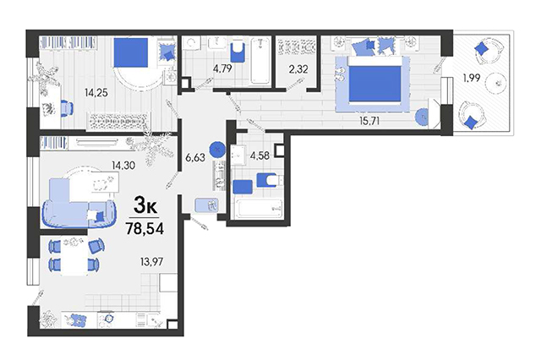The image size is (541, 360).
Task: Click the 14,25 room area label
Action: click(96, 92)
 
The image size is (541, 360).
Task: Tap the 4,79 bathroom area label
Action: click(222, 68)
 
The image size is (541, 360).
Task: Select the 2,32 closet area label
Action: click(298, 69)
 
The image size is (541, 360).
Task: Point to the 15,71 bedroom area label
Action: click(369, 121)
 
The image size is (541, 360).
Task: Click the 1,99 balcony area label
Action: click(472, 78)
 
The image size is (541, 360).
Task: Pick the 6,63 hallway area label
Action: click(195, 157)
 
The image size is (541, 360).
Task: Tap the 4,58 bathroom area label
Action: click(260, 155)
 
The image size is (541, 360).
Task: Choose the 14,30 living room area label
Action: click(123, 166)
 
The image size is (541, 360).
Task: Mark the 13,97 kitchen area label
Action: click(152, 262)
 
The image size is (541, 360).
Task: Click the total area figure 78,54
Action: click(145, 228)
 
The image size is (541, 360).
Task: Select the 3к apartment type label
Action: click(145, 206)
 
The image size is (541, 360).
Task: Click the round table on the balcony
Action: click(496, 83)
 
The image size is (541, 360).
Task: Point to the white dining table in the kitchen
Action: click(74, 257)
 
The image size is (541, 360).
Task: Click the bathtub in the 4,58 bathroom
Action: click(259, 208)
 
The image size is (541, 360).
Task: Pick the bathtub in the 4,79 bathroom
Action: click(260, 61)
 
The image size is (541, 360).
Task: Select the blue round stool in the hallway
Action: click(217, 150)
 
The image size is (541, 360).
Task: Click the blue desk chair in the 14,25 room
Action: click(67, 108)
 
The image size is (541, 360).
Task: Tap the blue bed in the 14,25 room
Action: click(131, 52)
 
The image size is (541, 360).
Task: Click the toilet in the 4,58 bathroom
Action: click(270, 180)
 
